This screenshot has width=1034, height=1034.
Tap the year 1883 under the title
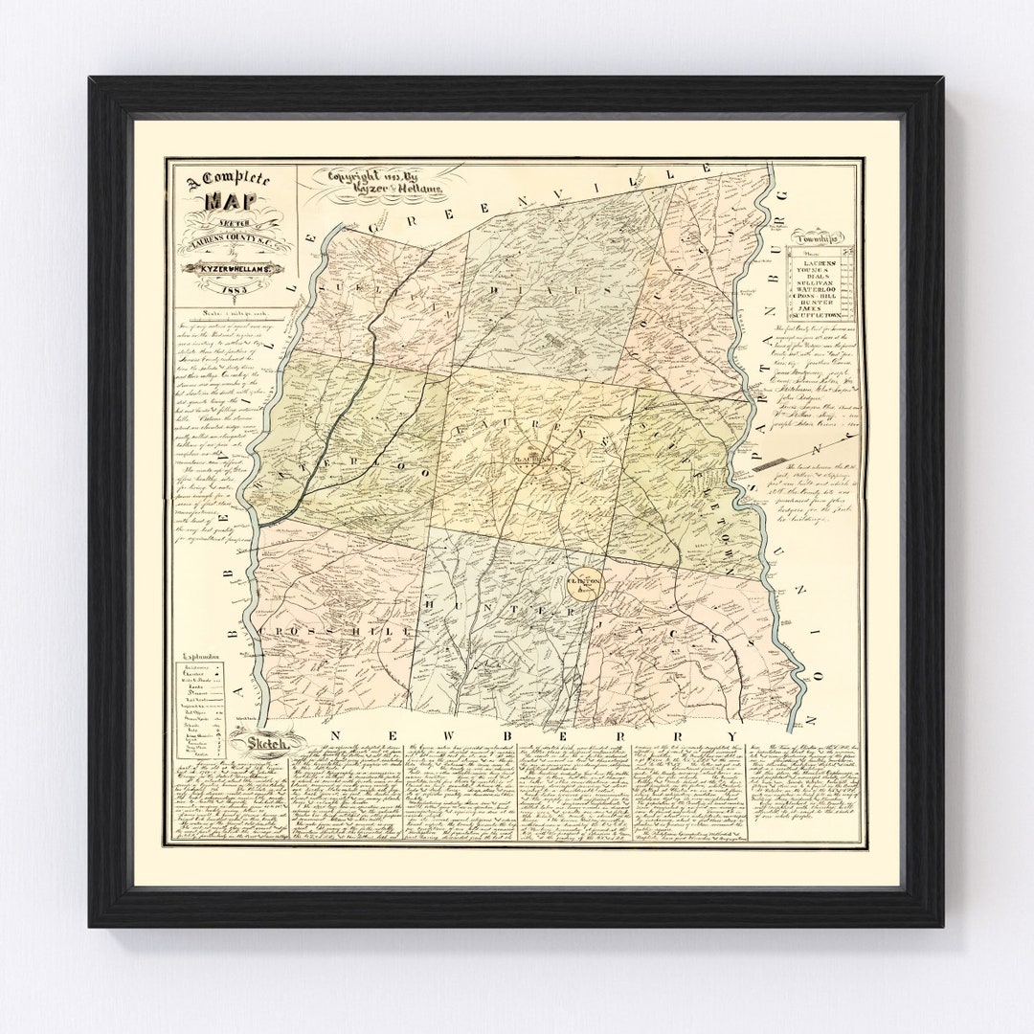coord(234,287)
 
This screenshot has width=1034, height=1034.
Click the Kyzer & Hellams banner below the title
coord(233,271)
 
